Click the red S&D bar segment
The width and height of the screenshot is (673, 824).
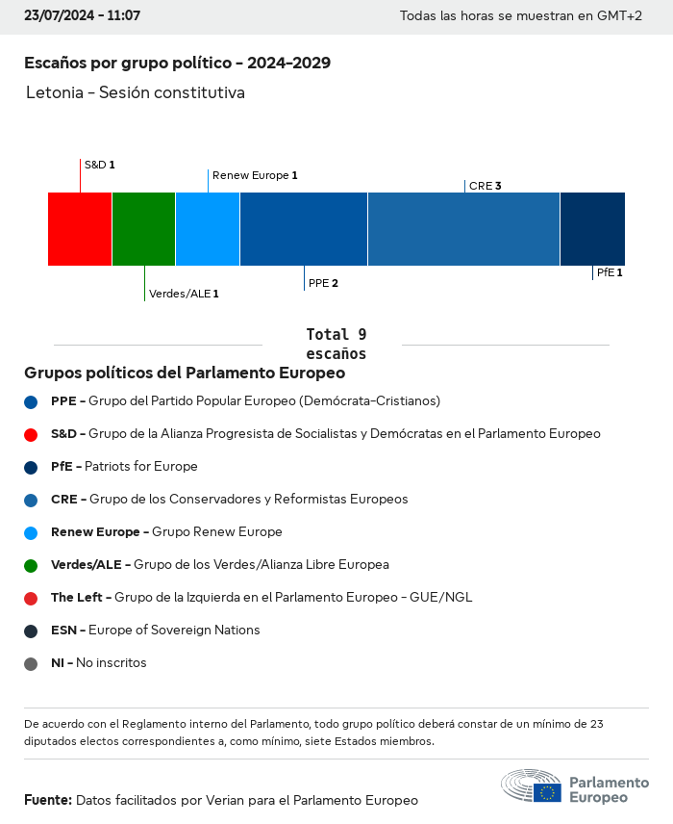coord(80,229)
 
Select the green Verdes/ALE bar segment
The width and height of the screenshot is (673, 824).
coord(143,229)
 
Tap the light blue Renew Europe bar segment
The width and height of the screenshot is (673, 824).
coord(208,229)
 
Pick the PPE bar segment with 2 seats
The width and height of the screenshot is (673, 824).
coord(304,229)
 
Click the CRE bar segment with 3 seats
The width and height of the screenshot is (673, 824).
coord(463,229)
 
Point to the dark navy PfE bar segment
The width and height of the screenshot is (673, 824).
coord(592,229)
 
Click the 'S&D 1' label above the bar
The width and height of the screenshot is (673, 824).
coord(100,165)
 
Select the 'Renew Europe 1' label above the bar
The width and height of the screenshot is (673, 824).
coord(255,175)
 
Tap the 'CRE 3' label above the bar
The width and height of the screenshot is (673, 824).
coord(486,186)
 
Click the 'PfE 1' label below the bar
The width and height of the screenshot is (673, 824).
coord(610,272)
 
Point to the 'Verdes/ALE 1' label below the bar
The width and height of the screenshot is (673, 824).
coord(184,294)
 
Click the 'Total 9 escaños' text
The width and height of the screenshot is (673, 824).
coord(336,344)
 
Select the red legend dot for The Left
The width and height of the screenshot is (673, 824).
coord(31,598)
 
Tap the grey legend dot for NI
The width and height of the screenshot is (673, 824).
coord(31,663)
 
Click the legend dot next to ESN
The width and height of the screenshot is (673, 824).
coord(31,631)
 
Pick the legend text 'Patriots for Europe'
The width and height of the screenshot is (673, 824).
coord(141,466)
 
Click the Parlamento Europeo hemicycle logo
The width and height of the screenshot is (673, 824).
coord(532,785)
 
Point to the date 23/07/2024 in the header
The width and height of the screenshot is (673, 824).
coord(57,16)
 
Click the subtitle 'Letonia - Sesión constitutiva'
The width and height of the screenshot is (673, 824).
coord(136,92)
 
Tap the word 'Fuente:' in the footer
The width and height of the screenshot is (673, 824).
coord(47,800)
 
